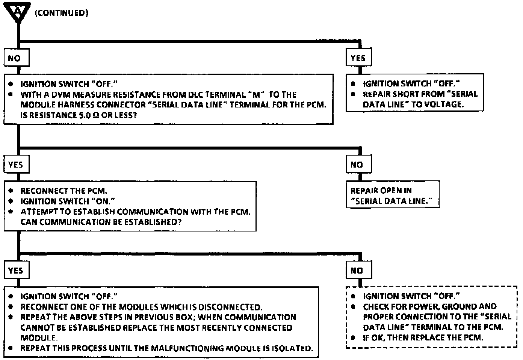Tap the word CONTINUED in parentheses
[62, 13]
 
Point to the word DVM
[61, 95]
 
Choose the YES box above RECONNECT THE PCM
[15, 165]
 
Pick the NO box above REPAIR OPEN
[357, 165]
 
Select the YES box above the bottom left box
[15, 271]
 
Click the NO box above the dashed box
[357, 271]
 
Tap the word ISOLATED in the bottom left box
[292, 348]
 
